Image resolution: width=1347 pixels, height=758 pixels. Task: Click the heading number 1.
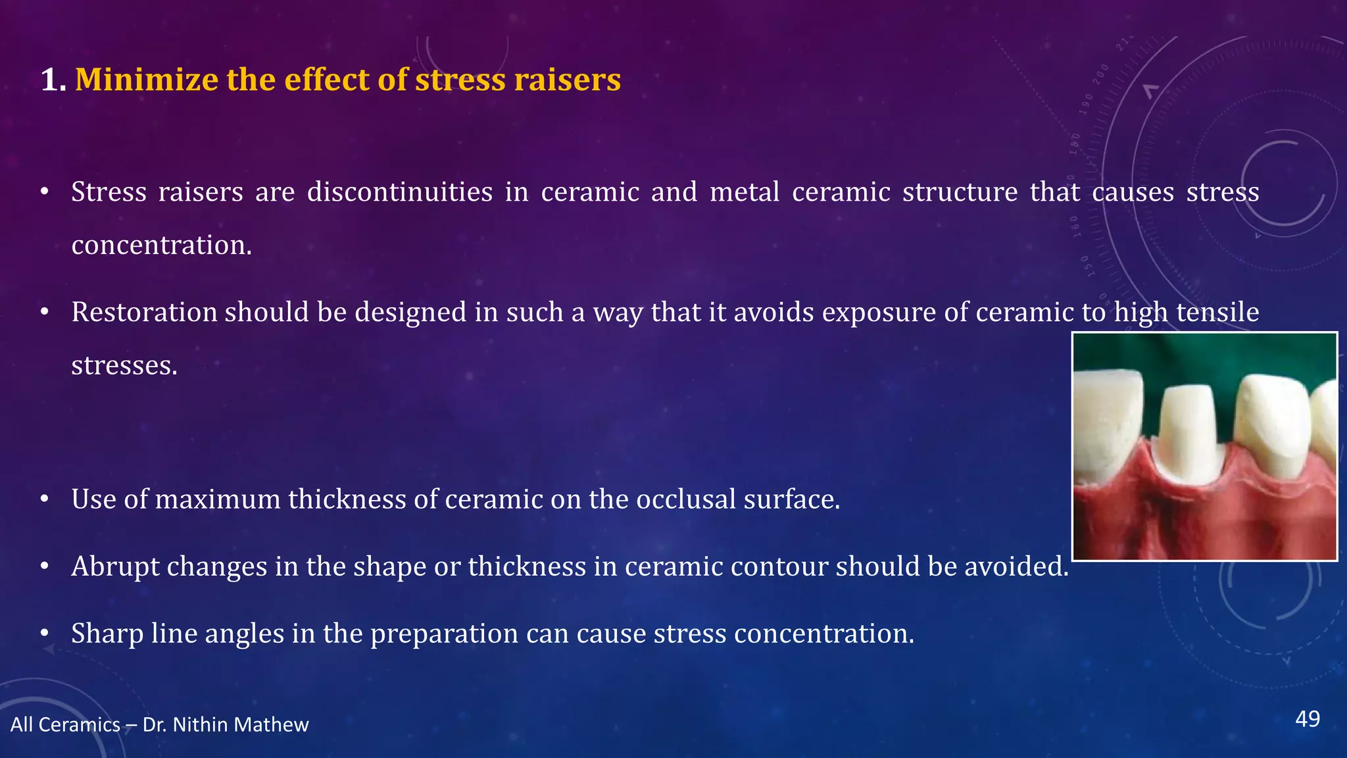click(x=52, y=80)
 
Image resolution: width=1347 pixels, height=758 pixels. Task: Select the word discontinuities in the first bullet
click(x=400, y=192)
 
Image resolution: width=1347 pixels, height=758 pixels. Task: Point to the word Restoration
click(x=144, y=312)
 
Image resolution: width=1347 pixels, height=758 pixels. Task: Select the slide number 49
click(x=1307, y=719)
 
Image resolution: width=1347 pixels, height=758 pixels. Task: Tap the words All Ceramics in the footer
click(x=65, y=724)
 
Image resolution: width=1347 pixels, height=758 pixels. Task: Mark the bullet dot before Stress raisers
click(x=44, y=192)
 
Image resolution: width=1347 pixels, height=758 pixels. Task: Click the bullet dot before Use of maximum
click(x=44, y=499)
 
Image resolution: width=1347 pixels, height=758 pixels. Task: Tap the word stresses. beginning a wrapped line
click(x=124, y=366)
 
